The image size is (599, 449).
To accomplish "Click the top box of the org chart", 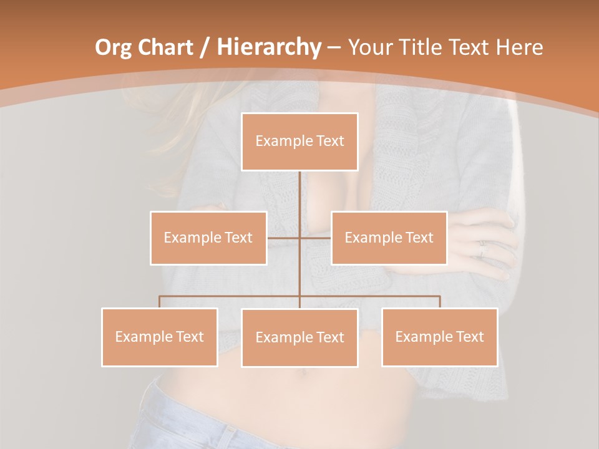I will pyautogui.click(x=299, y=142).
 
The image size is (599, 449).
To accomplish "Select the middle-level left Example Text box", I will pyautogui.click(x=208, y=238).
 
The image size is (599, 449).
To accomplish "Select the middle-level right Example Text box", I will pyautogui.click(x=389, y=238).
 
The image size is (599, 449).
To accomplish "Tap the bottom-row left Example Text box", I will pyautogui.click(x=160, y=337).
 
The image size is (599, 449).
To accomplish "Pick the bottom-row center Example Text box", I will pyautogui.click(x=299, y=337).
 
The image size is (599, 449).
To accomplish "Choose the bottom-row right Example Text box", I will pyautogui.click(x=439, y=337).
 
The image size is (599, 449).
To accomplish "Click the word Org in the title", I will pyautogui.click(x=113, y=47).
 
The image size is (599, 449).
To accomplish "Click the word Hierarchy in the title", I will pyautogui.click(x=268, y=47).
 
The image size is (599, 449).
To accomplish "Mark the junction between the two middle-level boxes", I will pyautogui.click(x=299, y=238).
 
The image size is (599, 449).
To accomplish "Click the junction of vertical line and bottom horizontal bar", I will pyautogui.click(x=299, y=296).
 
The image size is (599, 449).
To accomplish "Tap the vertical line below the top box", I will pyautogui.click(x=299, y=193).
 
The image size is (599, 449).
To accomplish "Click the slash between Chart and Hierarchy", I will pyautogui.click(x=205, y=47).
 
